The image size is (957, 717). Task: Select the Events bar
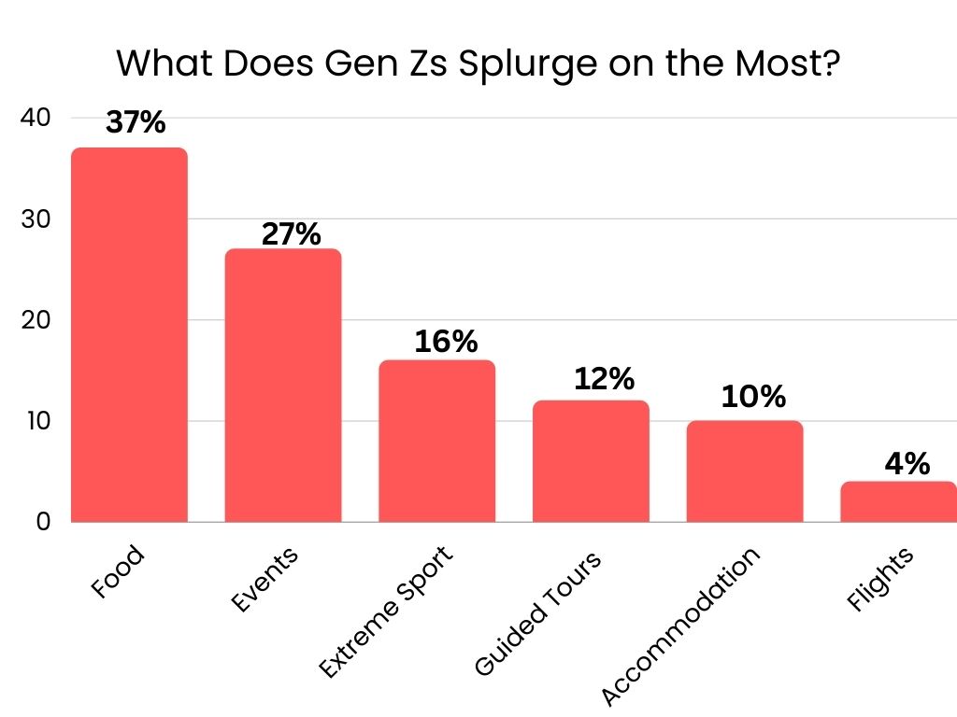283,385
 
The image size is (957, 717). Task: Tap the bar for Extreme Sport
436,441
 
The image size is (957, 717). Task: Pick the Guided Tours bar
591,461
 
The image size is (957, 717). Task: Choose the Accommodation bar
744,471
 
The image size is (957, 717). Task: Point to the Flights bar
898,501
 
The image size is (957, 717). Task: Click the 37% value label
136,124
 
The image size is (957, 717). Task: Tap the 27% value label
291,233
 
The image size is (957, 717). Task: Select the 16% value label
446,343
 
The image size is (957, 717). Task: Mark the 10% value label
753,398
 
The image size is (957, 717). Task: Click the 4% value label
906,463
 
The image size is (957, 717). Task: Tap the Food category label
119,571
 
